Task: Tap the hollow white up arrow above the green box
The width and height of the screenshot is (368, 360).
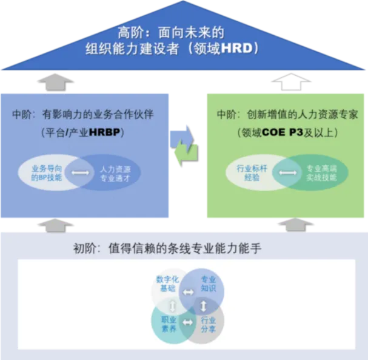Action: point(291,82)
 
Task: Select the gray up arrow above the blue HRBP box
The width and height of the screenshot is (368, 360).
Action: point(56,82)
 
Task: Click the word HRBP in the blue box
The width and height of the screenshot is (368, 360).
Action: point(104,132)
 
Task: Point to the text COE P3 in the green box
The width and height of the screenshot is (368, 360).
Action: point(283,132)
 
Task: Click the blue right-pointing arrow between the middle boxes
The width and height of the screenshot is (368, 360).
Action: point(182,137)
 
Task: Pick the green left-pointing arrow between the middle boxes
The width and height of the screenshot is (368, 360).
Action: point(186,152)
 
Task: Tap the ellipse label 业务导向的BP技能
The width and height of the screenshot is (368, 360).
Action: point(47,173)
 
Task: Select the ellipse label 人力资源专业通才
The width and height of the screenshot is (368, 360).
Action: point(115,174)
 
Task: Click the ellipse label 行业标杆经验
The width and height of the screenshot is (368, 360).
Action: point(252,173)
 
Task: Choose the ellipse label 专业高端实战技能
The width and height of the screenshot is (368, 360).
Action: point(321,173)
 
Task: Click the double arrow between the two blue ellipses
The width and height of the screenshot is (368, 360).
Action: point(80,173)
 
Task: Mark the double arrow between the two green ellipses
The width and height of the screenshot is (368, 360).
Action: point(288,173)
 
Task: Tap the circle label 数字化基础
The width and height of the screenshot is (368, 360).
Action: point(167,284)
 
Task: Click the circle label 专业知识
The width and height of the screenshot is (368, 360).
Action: point(208,284)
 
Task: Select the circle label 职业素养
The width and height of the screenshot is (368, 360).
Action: point(169,324)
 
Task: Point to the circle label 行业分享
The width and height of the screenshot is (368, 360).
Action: point(208,325)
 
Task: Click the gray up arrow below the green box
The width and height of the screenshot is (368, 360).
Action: point(295,225)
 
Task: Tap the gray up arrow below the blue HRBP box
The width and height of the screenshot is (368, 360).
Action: point(55,226)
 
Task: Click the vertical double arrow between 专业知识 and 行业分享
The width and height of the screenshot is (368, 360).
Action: point(204,306)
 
